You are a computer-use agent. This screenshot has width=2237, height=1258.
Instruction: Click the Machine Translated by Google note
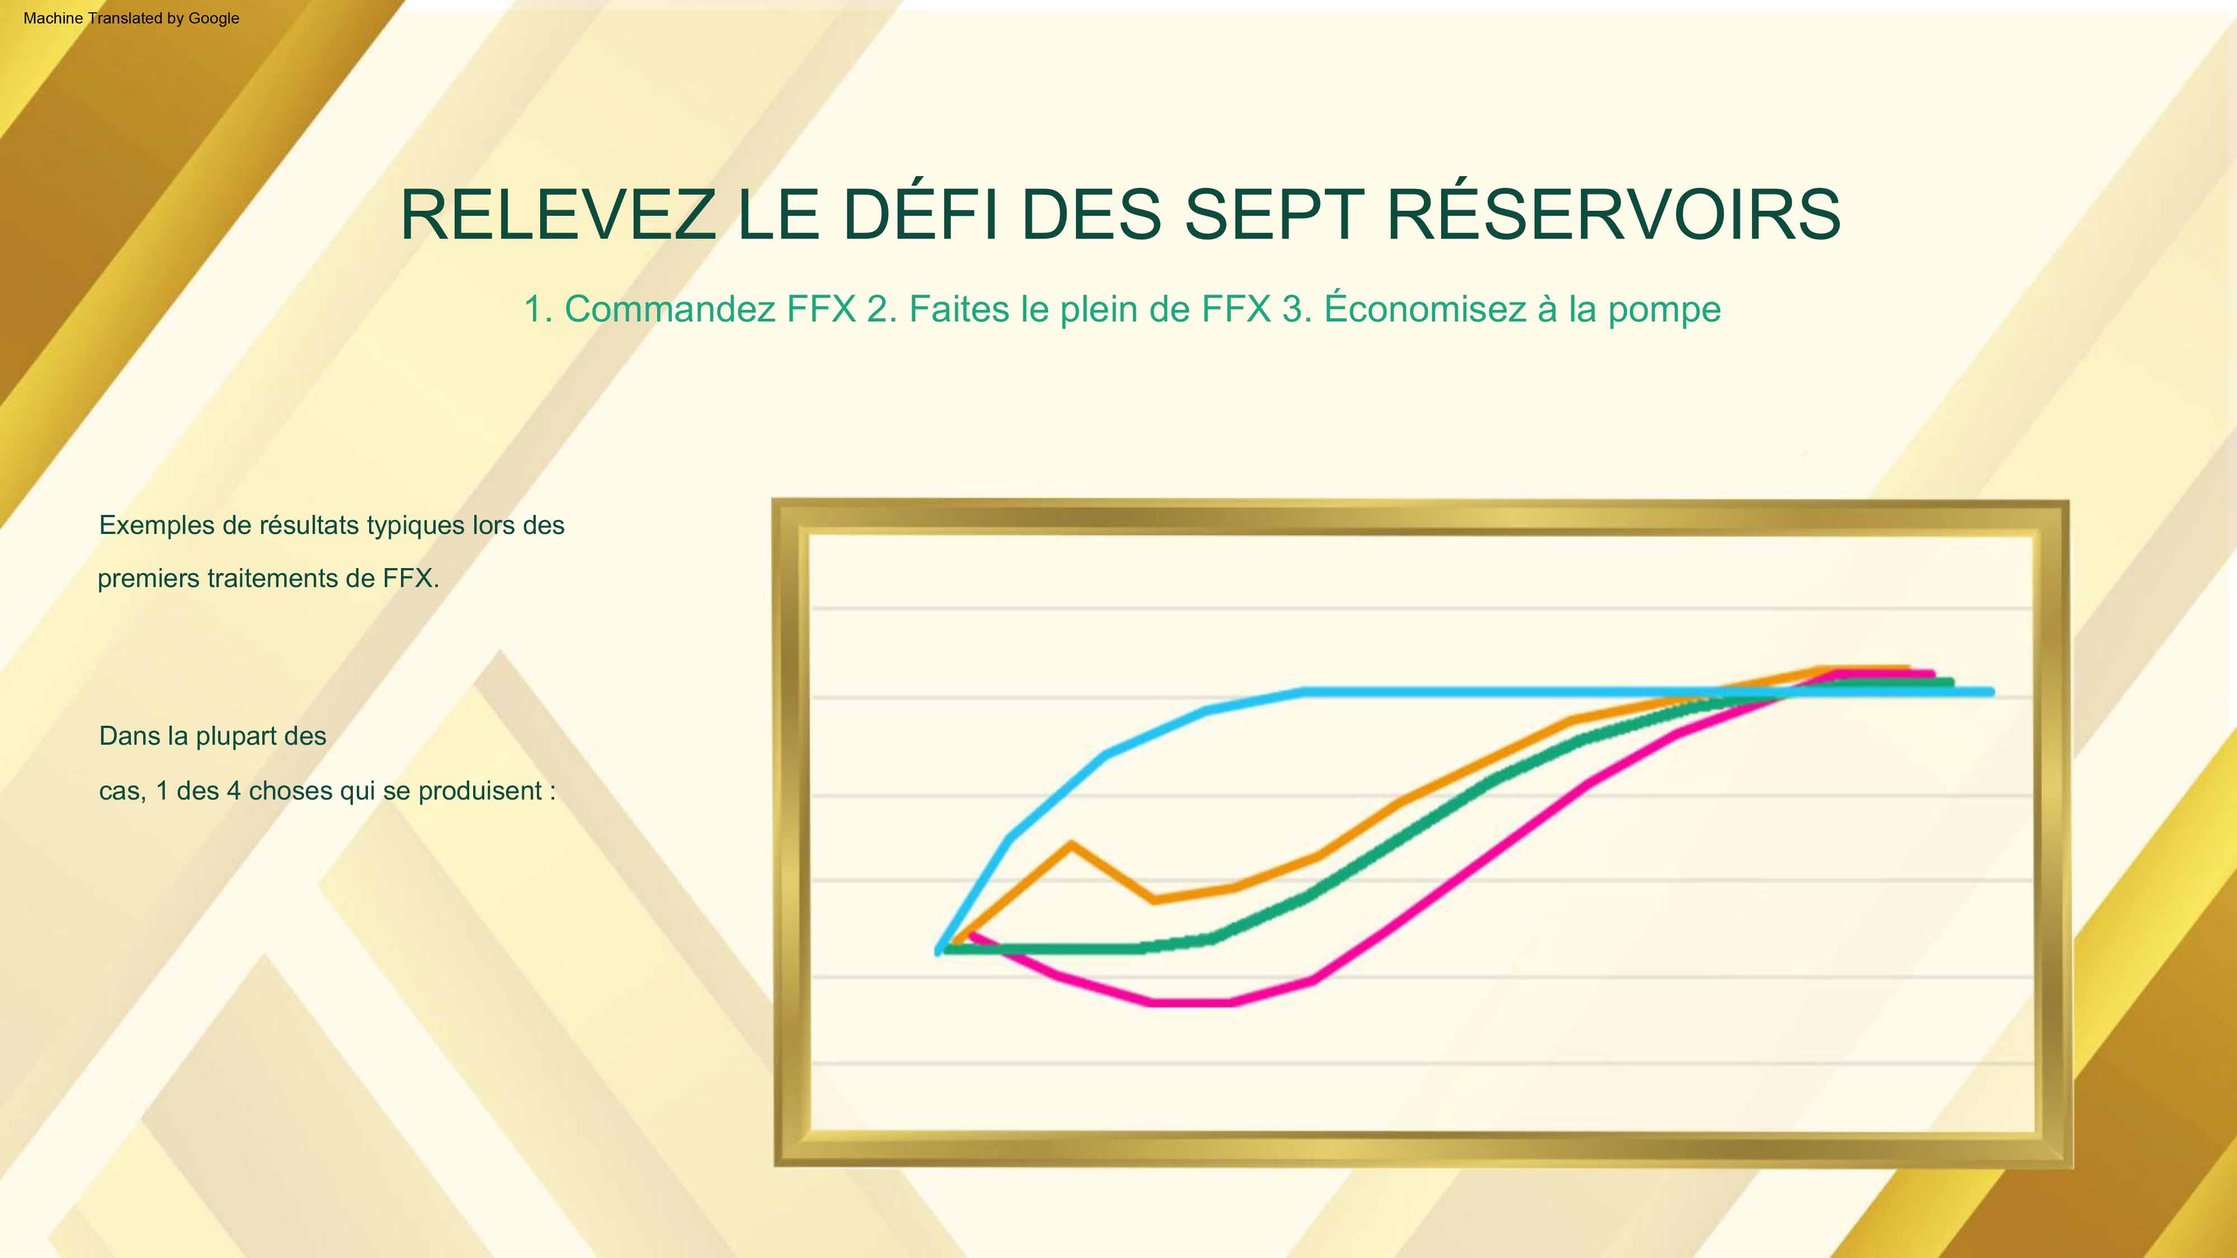click(131, 18)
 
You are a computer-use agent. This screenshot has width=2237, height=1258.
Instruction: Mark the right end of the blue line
click(1991, 692)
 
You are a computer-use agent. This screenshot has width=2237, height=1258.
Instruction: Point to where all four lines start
click(941, 949)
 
